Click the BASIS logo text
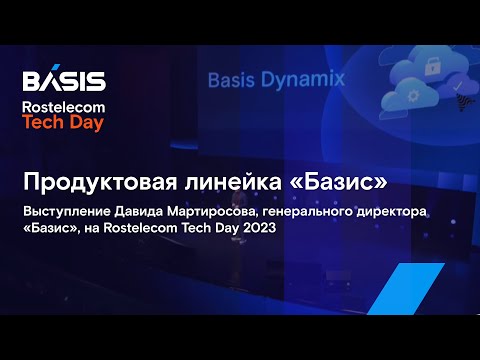[63, 80]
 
